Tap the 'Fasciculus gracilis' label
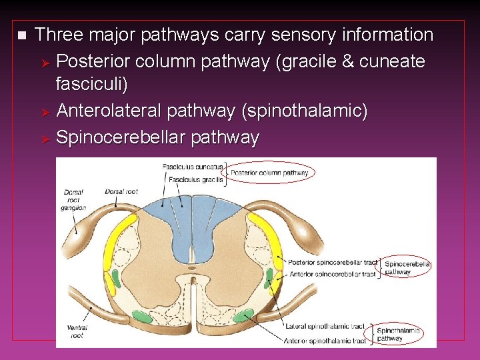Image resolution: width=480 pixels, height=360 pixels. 196,179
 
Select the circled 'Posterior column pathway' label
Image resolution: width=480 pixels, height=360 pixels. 269,173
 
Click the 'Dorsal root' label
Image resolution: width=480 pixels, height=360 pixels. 121,192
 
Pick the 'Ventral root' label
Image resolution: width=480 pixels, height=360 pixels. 77,331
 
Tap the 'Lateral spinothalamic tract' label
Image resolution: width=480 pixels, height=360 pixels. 325,327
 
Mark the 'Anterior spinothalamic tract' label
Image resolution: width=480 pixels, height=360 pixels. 325,341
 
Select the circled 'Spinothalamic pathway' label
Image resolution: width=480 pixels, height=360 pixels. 398,334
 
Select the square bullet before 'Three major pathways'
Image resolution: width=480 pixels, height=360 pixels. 21,35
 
